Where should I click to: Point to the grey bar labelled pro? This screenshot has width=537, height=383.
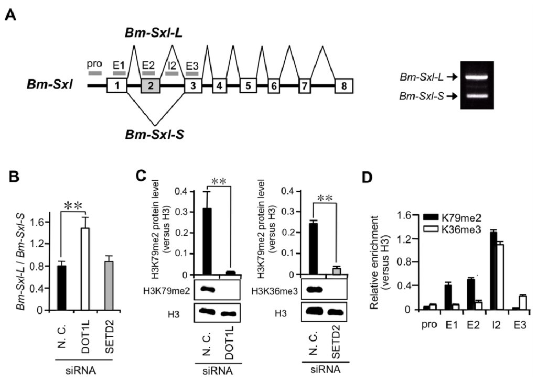coord(94,73)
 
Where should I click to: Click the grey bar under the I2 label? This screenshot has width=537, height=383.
coord(171,73)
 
